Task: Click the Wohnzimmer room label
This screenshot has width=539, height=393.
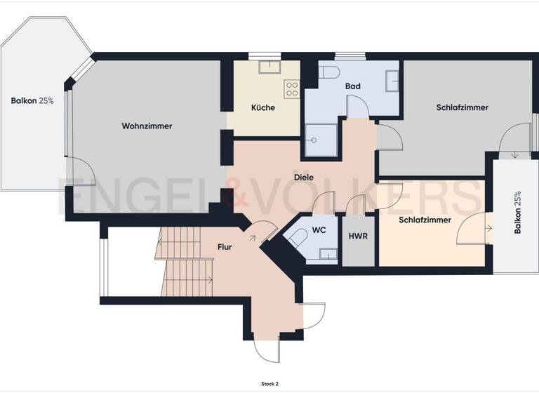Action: [147, 126]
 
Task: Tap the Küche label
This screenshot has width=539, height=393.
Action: [263, 108]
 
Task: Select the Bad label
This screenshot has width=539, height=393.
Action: [352, 86]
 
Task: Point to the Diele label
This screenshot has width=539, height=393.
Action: [304, 178]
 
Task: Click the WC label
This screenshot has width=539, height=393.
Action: [319, 229]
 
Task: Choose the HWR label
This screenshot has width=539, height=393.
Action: [358, 235]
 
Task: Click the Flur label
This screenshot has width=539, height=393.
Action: [225, 247]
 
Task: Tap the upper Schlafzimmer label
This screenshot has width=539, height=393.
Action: [462, 107]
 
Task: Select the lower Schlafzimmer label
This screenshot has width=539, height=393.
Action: [425, 220]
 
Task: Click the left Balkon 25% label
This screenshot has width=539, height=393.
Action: [32, 101]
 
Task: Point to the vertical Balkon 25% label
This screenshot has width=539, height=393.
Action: [517, 213]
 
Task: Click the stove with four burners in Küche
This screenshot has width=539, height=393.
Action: [291, 89]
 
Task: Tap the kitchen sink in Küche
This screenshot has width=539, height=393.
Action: [268, 67]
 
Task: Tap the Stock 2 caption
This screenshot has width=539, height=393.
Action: [269, 384]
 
